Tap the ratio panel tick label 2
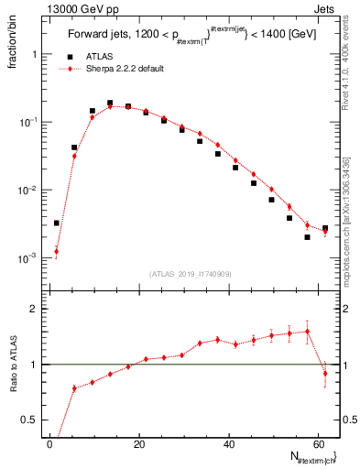(x=35, y=310)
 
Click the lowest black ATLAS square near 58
(x=307, y=237)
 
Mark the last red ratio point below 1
(x=325, y=373)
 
